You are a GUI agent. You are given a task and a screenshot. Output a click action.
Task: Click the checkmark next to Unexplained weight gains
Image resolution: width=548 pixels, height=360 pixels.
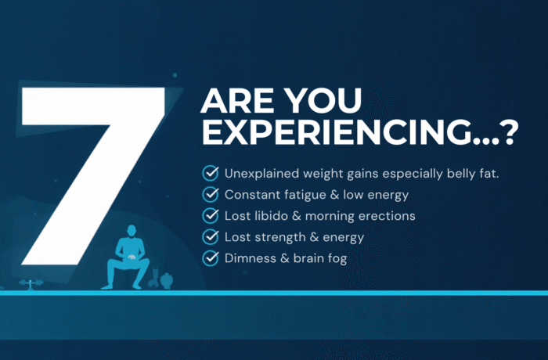(x=210, y=172)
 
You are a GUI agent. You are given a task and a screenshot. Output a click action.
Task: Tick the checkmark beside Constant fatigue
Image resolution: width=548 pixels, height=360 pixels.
(x=210, y=193)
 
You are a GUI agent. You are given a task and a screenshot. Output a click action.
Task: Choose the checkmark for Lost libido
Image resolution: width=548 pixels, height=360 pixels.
(x=210, y=214)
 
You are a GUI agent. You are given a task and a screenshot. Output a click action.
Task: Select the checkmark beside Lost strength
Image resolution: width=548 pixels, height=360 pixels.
(x=210, y=236)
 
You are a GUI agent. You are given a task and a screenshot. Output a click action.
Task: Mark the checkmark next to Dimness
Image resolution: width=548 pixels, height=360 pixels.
(x=210, y=257)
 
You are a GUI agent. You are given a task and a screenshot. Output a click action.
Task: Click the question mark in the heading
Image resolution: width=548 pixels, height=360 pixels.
(x=510, y=135)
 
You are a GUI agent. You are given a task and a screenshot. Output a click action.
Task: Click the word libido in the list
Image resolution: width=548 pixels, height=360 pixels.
(x=271, y=215)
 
